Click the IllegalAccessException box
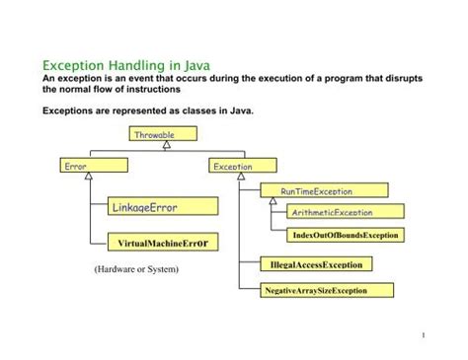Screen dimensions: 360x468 coord(317,264)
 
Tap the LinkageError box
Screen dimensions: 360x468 coord(162,205)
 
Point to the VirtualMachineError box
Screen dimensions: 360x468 coord(162,241)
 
